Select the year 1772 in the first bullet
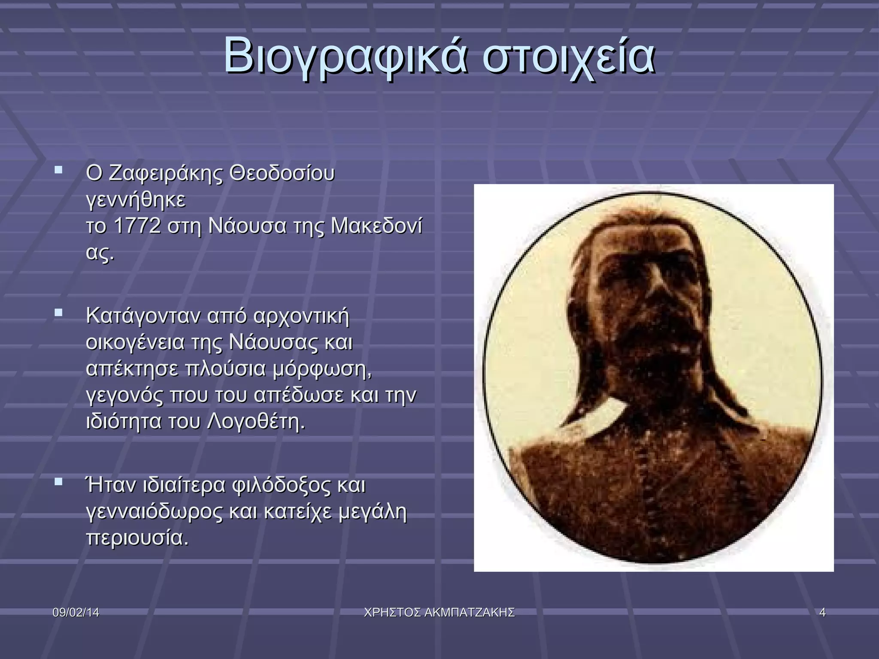click(x=137, y=226)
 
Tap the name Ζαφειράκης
click(x=166, y=174)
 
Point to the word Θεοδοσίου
click(x=282, y=174)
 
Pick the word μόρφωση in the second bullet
click(x=321, y=369)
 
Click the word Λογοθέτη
click(x=256, y=422)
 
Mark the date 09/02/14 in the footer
click(x=76, y=613)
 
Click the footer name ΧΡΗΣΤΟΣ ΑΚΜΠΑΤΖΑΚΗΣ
click(x=439, y=613)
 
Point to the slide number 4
click(x=822, y=613)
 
